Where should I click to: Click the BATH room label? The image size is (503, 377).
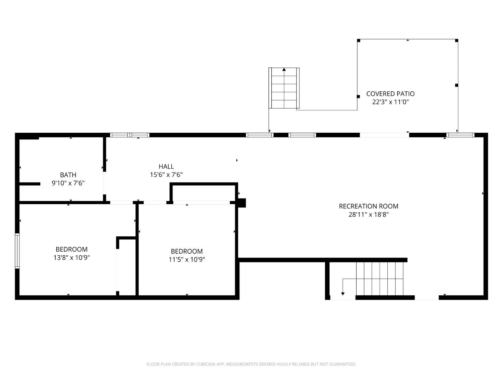68,175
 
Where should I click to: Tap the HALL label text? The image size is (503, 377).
166,167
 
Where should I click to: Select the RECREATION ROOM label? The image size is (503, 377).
369,206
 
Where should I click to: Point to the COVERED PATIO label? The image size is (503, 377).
390,93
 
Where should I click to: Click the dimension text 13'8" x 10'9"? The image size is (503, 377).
71,258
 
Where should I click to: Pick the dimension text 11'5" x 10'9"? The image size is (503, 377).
187,260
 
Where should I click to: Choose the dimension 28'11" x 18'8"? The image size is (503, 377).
369,214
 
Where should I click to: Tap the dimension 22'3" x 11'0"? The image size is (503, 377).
390,102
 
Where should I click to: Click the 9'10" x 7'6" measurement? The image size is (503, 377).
68,183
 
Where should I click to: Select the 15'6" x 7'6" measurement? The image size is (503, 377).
166,175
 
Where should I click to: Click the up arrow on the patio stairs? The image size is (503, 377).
284,69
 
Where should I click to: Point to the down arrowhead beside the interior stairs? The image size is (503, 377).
343,294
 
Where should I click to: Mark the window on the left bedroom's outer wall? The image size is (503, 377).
17,251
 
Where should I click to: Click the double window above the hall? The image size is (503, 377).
130,135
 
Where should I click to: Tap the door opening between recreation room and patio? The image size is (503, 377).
384,135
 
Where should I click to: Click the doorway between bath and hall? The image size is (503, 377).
105,183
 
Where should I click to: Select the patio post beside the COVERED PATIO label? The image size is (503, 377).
358,97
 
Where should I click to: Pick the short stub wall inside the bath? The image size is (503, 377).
30,184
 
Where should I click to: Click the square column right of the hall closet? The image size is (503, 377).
242,203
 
